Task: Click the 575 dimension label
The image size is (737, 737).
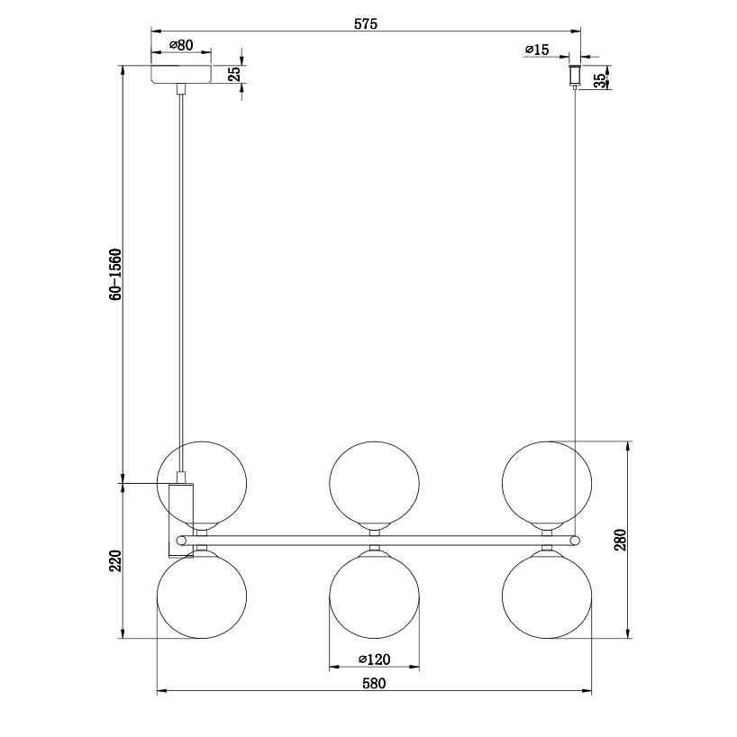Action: point(366,24)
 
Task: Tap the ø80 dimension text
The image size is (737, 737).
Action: point(181,45)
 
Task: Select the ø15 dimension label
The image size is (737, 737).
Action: point(537,50)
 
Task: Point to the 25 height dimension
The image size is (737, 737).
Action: point(234,74)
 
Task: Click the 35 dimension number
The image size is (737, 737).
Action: point(600,80)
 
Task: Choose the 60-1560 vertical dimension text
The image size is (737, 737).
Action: point(115,275)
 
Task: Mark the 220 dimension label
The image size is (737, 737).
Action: point(115,560)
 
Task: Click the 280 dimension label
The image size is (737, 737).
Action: point(621,540)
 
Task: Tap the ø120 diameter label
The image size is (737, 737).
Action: point(374,660)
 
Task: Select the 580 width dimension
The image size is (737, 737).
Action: point(374,683)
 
